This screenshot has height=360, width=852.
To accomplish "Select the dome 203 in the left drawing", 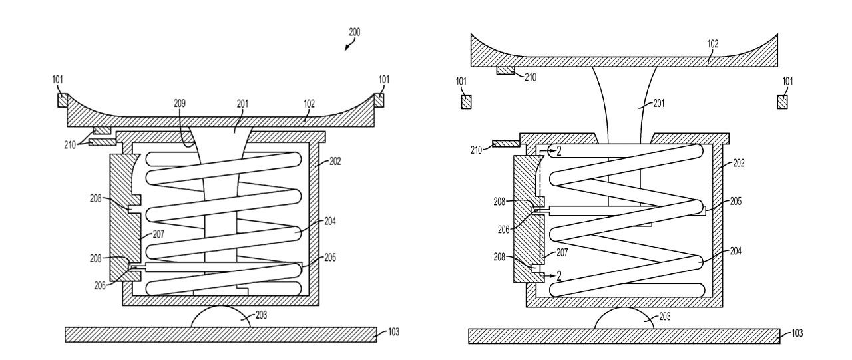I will (x=221, y=317).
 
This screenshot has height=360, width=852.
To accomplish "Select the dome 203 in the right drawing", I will (x=624, y=318).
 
